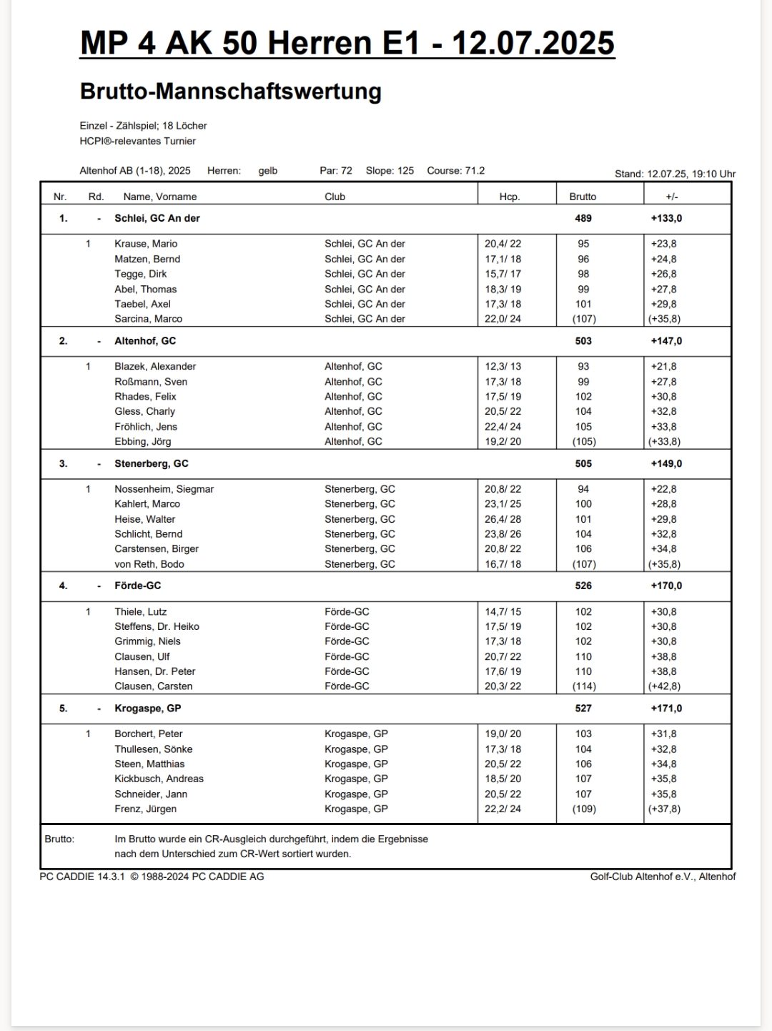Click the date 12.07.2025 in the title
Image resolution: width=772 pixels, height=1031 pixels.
tap(533, 43)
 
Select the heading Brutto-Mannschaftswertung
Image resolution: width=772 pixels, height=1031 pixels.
tap(230, 92)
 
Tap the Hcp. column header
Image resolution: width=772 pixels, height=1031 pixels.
tap(509, 197)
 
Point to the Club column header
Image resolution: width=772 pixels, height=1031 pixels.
tap(335, 197)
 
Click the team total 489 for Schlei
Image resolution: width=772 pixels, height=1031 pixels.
tap(583, 218)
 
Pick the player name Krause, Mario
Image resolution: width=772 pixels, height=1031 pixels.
tap(146, 244)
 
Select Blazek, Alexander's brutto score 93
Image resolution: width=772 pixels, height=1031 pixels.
tap(583, 366)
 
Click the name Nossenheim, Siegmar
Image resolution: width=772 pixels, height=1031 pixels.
tap(164, 489)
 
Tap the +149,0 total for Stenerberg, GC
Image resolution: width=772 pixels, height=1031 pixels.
tap(666, 463)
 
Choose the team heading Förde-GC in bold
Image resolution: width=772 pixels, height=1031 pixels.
tap(137, 586)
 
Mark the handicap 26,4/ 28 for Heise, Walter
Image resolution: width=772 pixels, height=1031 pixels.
tap(503, 519)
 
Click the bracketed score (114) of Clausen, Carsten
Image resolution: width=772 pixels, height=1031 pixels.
tap(584, 686)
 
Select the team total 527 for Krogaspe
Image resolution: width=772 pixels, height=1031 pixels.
tap(583, 708)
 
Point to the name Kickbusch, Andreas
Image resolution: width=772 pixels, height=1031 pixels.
tap(159, 779)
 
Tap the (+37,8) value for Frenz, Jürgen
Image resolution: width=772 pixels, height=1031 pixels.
tap(664, 809)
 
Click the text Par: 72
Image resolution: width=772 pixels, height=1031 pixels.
tap(336, 171)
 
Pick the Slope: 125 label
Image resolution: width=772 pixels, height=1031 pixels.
tap(390, 171)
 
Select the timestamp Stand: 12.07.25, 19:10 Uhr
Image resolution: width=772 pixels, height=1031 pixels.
tap(675, 174)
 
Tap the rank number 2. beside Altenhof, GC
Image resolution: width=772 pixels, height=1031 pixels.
tap(63, 341)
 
